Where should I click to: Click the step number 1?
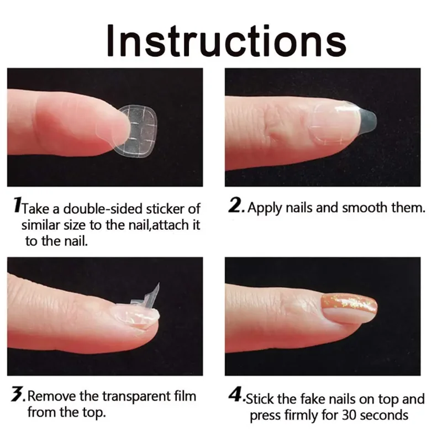pos(17,208)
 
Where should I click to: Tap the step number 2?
pos(236,208)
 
